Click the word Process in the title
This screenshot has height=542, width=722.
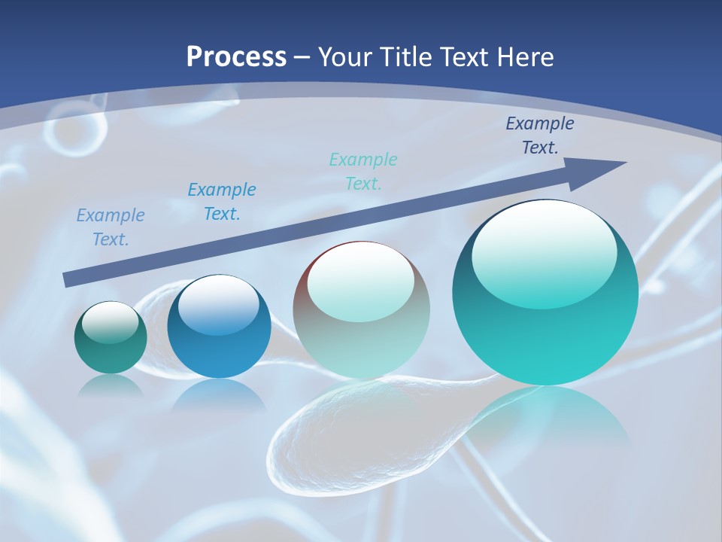(236, 57)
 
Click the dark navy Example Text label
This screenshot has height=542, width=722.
(539, 135)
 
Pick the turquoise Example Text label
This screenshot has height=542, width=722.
(363, 171)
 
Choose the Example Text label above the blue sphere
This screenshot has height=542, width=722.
(222, 201)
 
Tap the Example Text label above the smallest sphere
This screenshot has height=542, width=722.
(111, 227)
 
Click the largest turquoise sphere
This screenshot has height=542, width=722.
(545, 331)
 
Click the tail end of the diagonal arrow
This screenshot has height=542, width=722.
(69, 280)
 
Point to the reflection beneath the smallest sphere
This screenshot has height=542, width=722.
(110, 385)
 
